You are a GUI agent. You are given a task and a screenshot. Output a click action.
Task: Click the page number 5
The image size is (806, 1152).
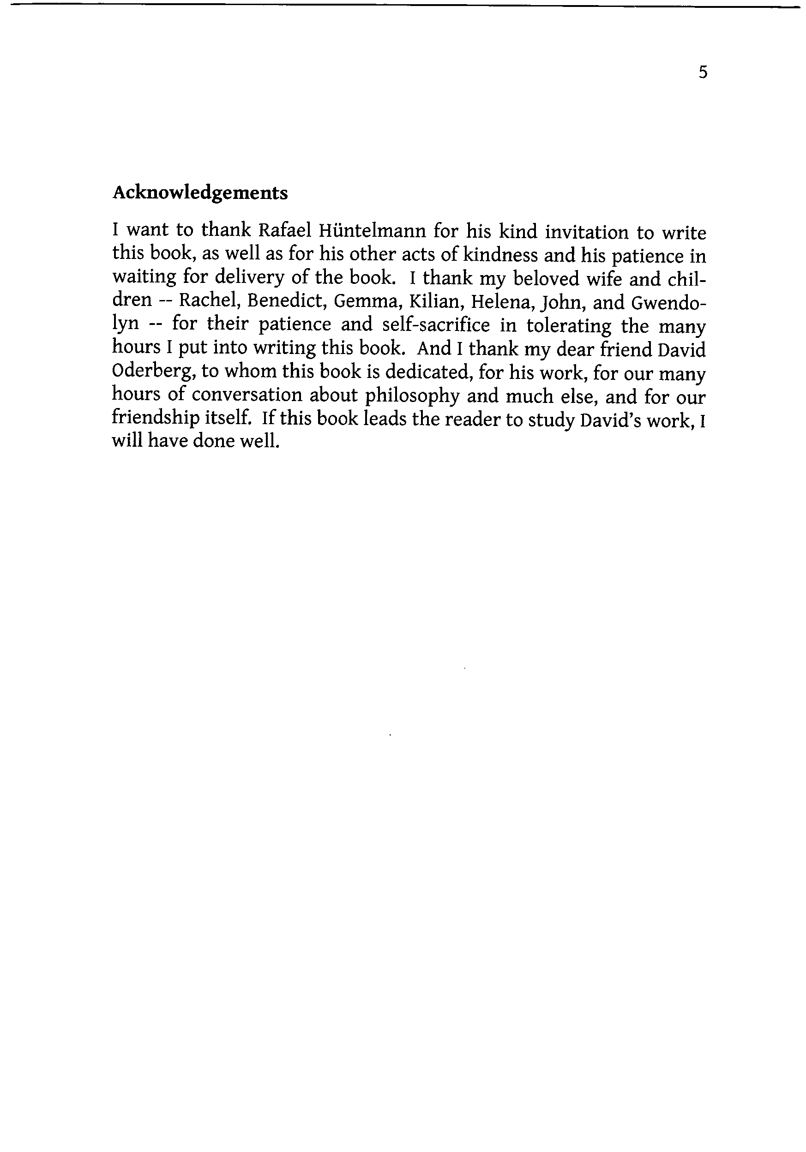(703, 73)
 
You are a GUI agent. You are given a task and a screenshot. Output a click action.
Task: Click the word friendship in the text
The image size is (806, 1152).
(155, 418)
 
